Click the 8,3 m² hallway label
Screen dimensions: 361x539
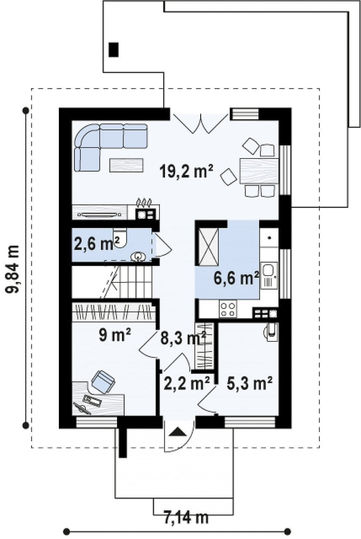point(183,338)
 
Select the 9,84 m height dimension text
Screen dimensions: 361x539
point(12,269)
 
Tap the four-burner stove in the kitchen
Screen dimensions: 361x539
point(228,309)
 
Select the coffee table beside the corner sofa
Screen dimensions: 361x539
point(126,165)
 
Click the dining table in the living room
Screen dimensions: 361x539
point(259,171)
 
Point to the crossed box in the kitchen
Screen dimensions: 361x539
point(208,247)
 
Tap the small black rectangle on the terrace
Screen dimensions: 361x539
point(113,50)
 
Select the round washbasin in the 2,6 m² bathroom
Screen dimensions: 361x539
point(138,256)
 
